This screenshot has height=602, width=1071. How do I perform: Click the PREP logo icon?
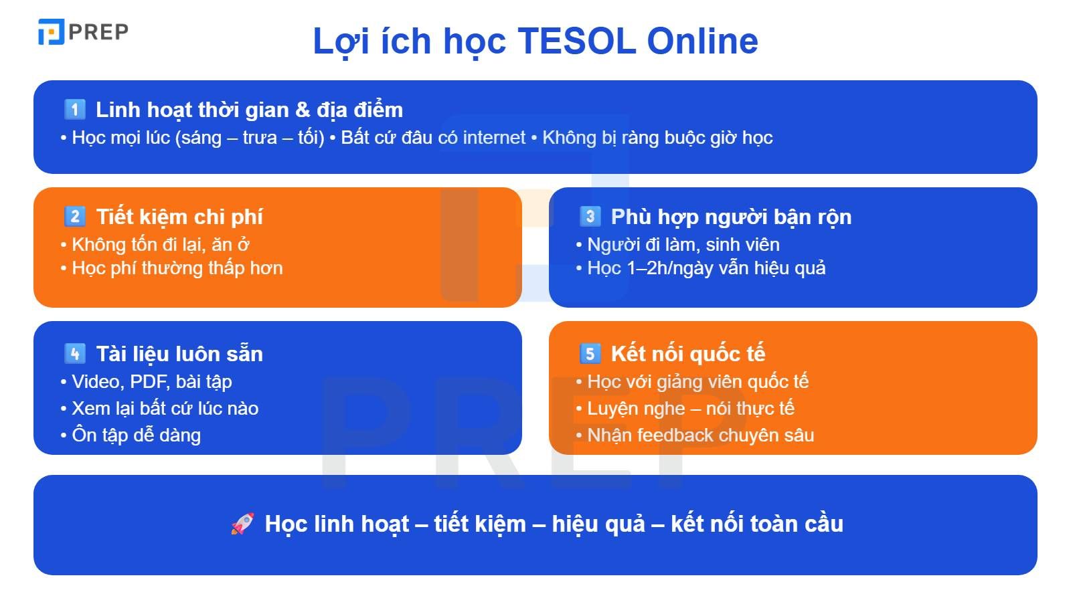pos(51,31)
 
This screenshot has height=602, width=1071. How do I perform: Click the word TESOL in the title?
pos(576,41)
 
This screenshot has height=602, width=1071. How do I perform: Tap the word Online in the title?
pos(702,41)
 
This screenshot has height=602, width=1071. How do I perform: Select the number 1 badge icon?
pos(74,109)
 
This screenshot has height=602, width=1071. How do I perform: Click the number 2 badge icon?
pos(74,216)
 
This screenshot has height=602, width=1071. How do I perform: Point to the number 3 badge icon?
pos(590,216)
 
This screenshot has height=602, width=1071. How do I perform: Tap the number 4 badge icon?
pos(74,353)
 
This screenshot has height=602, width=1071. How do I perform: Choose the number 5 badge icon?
pos(590,353)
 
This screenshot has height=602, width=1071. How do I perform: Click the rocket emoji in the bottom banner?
pos(242,524)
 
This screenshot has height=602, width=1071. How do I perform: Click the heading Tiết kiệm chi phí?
pos(179,217)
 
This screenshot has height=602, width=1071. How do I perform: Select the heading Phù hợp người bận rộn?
pos(731,217)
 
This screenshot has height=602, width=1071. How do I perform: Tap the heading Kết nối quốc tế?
pos(688,354)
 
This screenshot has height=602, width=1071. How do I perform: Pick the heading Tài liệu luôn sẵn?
pos(179,354)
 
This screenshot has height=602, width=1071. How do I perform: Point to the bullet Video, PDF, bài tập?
pos(151,382)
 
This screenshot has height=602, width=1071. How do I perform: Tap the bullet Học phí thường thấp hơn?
pos(177,268)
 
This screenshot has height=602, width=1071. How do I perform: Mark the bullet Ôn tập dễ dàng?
pos(136,435)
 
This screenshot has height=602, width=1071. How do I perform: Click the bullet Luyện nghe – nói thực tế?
pos(690,409)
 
